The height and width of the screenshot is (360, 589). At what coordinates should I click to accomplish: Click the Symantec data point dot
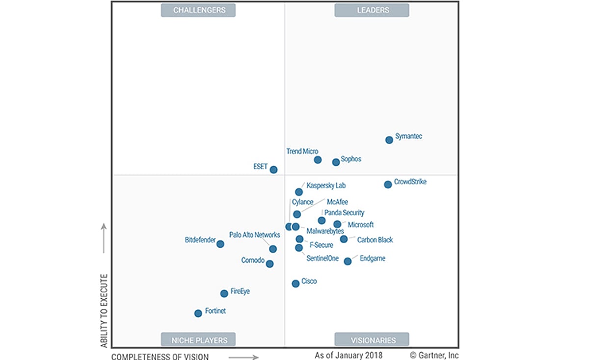tap(389, 140)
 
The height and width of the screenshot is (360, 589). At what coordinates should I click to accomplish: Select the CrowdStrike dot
tap(388, 184)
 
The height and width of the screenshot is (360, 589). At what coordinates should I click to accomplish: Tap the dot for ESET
tap(273, 170)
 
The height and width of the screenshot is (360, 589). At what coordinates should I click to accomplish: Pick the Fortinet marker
tap(198, 313)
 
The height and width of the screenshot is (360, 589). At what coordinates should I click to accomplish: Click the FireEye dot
tap(224, 293)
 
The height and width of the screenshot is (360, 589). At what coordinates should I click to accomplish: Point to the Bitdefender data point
tap(220, 244)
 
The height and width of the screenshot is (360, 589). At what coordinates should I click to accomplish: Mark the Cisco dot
tap(295, 283)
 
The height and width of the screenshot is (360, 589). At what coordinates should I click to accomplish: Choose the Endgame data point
tap(348, 261)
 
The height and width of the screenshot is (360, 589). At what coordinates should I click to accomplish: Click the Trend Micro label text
tap(302, 152)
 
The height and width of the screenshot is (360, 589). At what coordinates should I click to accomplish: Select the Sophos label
tap(351, 159)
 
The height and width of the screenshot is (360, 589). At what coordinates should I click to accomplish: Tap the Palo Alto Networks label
tap(255, 235)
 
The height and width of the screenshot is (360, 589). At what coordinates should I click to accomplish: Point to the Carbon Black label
tap(375, 240)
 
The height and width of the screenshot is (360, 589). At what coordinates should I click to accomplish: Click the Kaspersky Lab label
tap(326, 186)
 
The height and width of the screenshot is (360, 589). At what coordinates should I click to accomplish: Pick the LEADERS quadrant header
tap(372, 10)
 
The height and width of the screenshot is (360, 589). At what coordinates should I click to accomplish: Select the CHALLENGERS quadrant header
tap(198, 10)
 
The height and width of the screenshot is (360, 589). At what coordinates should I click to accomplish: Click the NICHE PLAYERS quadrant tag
tap(198, 340)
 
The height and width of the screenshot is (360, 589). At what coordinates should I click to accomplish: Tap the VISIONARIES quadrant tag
tap(372, 340)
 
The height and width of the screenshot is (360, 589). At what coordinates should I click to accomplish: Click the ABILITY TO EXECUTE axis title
tap(104, 311)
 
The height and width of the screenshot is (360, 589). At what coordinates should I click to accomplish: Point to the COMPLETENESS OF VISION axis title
tap(160, 357)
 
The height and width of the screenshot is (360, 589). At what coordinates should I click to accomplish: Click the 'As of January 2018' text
tap(348, 355)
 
